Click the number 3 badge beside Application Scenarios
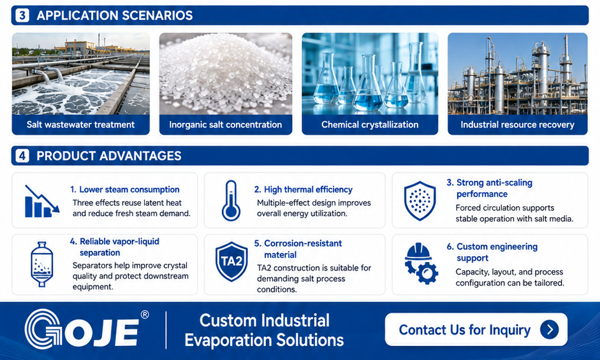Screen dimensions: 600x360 click(x=22, y=15)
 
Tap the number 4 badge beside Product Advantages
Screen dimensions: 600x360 click(x=22, y=155)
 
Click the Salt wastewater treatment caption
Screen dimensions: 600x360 click(x=80, y=125)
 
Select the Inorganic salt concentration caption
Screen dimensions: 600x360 click(x=225, y=125)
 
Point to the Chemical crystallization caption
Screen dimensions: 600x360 click(x=370, y=125)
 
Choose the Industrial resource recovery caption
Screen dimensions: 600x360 click(x=517, y=125)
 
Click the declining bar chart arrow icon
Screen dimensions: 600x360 click(x=42, y=201)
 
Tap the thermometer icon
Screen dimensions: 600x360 click(x=231, y=201)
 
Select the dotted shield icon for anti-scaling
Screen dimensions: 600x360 click(x=420, y=201)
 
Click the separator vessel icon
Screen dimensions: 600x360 click(x=41, y=264)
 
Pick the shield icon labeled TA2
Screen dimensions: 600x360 click(x=231, y=262)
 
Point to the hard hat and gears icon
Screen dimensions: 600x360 click(x=421, y=263)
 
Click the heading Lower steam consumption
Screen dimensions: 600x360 click(x=125, y=189)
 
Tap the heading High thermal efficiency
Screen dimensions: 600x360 click(x=303, y=189)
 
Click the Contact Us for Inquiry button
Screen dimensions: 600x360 click(x=476, y=329)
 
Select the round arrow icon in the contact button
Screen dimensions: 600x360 click(x=550, y=329)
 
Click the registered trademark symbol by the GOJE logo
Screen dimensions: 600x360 click(x=145, y=315)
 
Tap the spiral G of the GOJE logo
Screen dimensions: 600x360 click(x=43, y=329)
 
